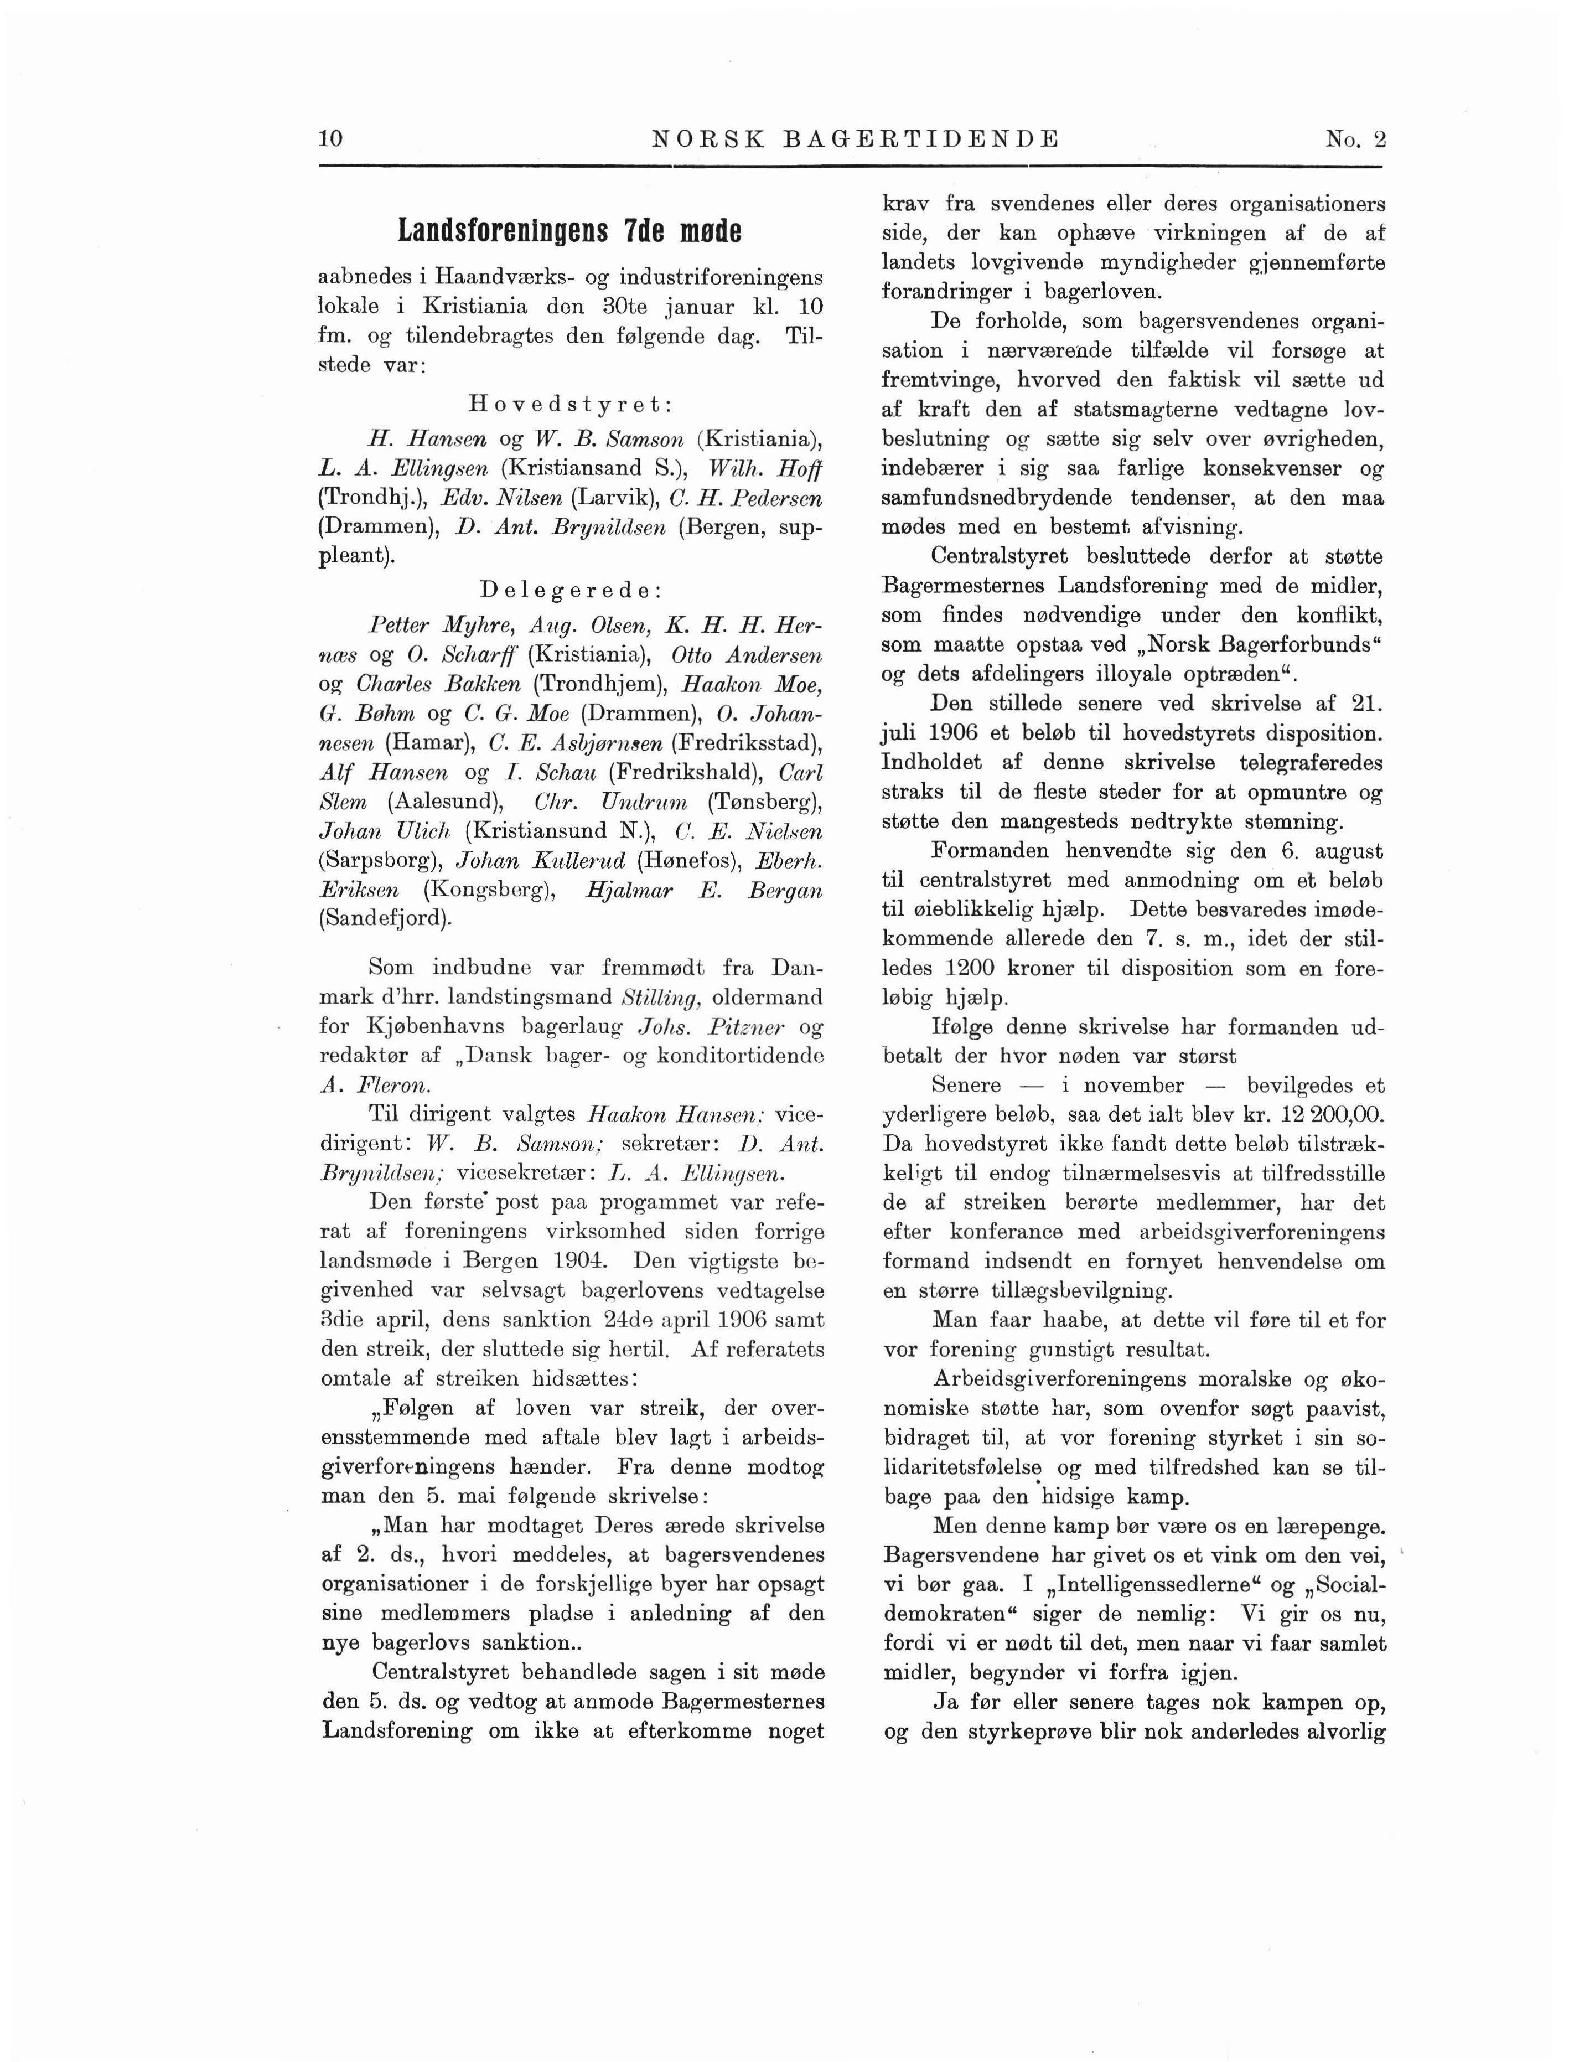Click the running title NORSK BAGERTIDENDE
tap(856, 140)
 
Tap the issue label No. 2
tap(1355, 140)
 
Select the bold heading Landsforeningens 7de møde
tap(569, 231)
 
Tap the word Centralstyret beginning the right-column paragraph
tap(1000, 556)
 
